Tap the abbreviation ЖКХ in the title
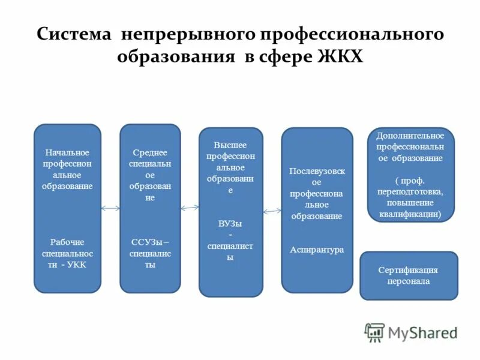(340, 58)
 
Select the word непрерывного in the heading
(187, 34)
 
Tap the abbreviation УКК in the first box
(76, 265)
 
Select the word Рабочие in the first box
(67, 242)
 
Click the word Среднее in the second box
(149, 152)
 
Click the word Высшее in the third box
(230, 145)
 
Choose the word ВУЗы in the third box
(230, 223)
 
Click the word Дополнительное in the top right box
(410, 136)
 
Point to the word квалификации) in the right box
(410, 214)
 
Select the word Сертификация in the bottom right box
(408, 270)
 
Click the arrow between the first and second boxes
(110, 209)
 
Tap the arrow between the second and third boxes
(190, 208)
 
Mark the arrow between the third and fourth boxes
(272, 211)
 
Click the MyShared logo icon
(374, 332)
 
